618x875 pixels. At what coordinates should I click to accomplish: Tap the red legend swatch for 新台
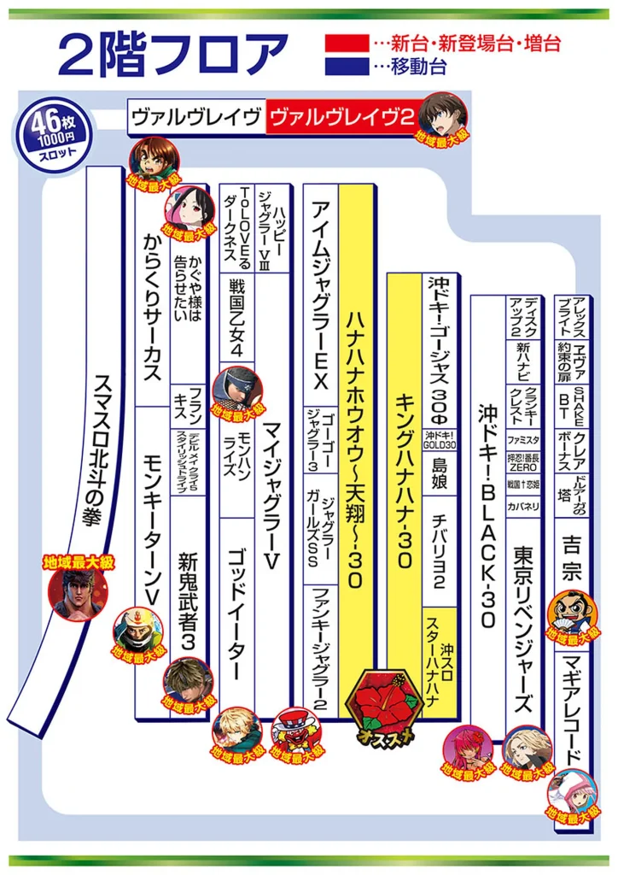(x=347, y=41)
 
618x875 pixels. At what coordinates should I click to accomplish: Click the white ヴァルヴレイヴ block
(x=195, y=117)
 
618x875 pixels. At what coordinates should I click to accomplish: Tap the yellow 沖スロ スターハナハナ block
(x=442, y=662)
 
